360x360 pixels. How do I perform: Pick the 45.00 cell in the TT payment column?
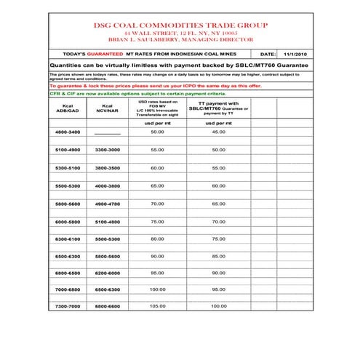[218, 132]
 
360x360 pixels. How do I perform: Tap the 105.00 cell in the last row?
[158, 306]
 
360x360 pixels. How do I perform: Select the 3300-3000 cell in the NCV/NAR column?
[108, 149]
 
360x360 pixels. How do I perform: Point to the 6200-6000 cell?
[108, 273]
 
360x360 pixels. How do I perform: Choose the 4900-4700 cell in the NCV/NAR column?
[108, 204]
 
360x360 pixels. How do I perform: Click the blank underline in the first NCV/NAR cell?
[108, 133]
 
